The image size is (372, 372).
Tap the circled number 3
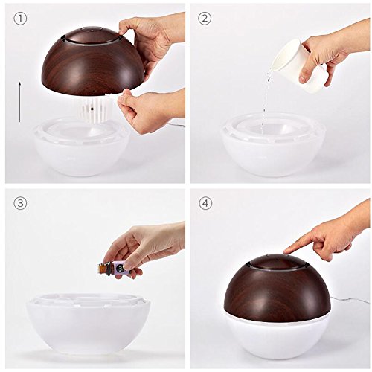[x=20, y=203]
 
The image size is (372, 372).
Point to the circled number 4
[x=205, y=203]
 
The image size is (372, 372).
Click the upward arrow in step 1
[x=19, y=102]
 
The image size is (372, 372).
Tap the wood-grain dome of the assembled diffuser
[x=278, y=285]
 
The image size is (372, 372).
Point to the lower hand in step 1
[x=151, y=110]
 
